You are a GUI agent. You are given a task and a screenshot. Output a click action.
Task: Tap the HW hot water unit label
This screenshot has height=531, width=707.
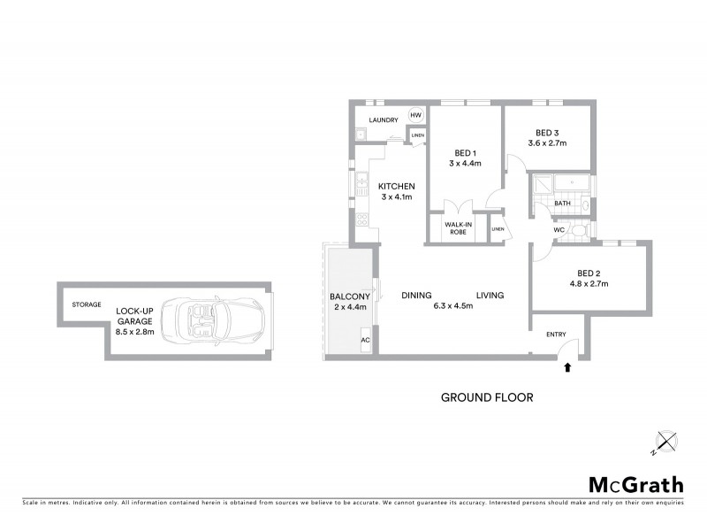coord(415,117)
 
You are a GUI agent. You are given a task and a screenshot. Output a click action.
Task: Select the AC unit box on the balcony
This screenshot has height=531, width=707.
coord(365,340)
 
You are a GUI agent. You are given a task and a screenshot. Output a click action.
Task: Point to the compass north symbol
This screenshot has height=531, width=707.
coord(664,440)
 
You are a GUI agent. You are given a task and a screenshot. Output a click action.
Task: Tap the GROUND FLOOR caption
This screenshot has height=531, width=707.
coord(487,397)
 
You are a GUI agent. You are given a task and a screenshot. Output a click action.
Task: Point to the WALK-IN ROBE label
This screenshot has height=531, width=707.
coord(457,228)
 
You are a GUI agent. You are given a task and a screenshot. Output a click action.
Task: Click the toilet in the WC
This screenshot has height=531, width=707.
coord(578,231)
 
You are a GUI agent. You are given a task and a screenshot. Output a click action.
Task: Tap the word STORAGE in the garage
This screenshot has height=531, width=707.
coord(87,304)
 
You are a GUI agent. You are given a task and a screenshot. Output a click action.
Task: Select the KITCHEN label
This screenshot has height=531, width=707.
coord(397,186)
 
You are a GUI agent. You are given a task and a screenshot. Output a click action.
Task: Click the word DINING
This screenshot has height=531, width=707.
coord(416,295)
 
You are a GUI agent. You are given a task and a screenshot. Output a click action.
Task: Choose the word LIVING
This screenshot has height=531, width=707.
coord(490,295)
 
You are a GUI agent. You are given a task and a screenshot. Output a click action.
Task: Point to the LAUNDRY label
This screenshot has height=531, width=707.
coord(384,120)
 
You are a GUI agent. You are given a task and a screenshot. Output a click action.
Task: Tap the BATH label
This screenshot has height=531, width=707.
coord(562,204)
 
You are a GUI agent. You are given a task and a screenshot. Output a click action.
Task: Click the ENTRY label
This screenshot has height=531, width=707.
coord(557,333)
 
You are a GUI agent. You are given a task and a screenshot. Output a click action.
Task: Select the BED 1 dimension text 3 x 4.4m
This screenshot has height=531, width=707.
coord(465,163)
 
